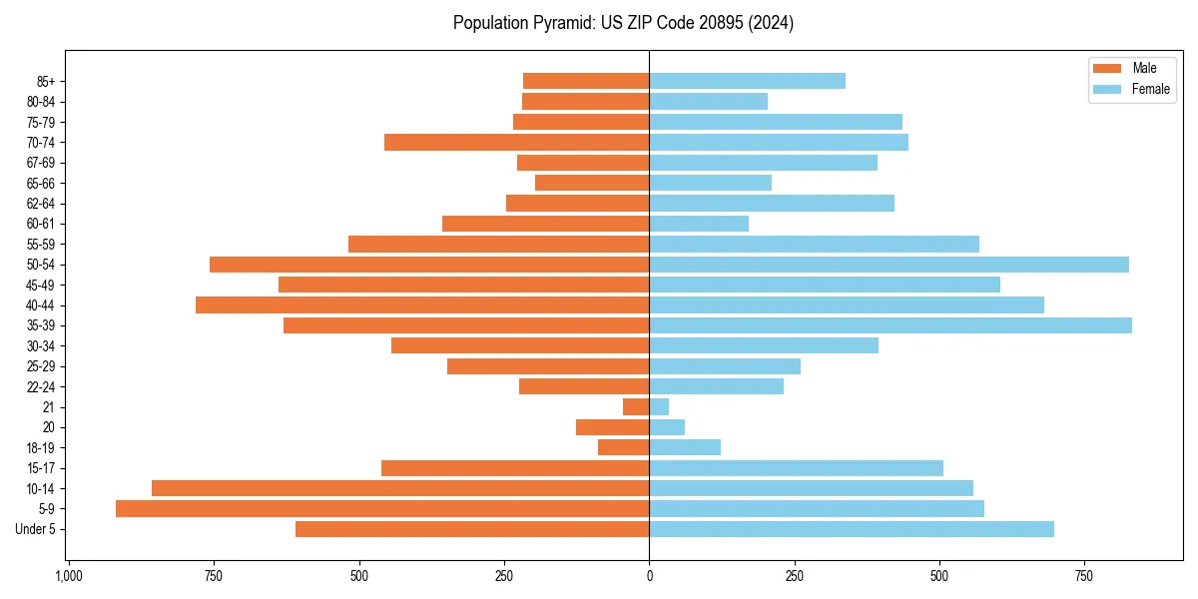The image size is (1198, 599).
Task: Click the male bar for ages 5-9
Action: [382, 509]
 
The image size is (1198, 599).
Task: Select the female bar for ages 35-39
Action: [891, 325]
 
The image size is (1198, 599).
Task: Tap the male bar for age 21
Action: [636, 407]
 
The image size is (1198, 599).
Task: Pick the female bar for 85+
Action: [747, 81]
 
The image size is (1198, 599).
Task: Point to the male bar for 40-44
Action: [422, 305]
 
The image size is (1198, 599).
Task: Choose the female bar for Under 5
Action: [852, 529]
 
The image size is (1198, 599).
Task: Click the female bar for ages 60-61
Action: [699, 224]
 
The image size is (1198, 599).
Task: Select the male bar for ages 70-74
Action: [516, 143]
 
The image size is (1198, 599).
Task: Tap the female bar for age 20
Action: [667, 427]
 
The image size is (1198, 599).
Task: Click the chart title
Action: [623, 23]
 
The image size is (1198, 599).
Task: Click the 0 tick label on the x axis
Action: [649, 576]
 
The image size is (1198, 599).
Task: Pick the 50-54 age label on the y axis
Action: [41, 265]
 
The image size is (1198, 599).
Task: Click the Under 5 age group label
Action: [36, 529]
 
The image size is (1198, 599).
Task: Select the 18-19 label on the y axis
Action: [41, 448]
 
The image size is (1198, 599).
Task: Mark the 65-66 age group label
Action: [41, 184]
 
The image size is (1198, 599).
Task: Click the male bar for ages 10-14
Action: [400, 488]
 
